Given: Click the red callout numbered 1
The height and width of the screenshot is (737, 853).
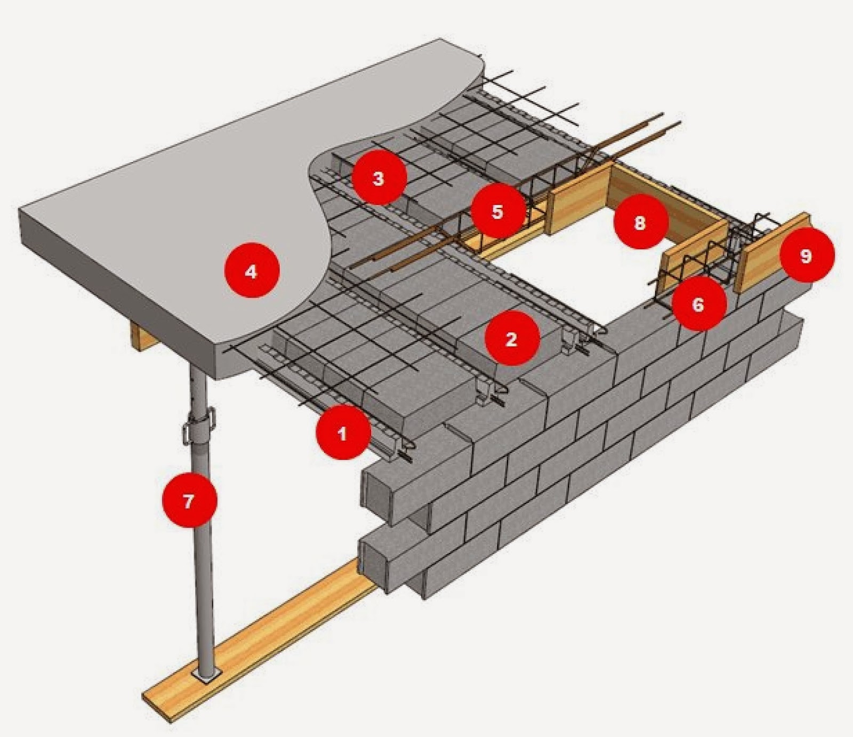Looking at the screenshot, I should coord(342,432).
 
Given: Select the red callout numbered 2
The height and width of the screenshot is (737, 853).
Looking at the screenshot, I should coord(511,339).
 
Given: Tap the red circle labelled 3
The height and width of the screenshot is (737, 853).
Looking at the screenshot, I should coord(379,178).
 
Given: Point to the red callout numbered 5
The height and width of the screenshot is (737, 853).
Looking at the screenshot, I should coord(497,211).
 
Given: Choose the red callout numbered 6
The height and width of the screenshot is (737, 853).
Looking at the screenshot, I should coord(698,305).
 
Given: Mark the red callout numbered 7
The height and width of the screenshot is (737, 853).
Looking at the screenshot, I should coord(189,501).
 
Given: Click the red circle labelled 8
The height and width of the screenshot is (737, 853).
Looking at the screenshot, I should coord(640,222).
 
